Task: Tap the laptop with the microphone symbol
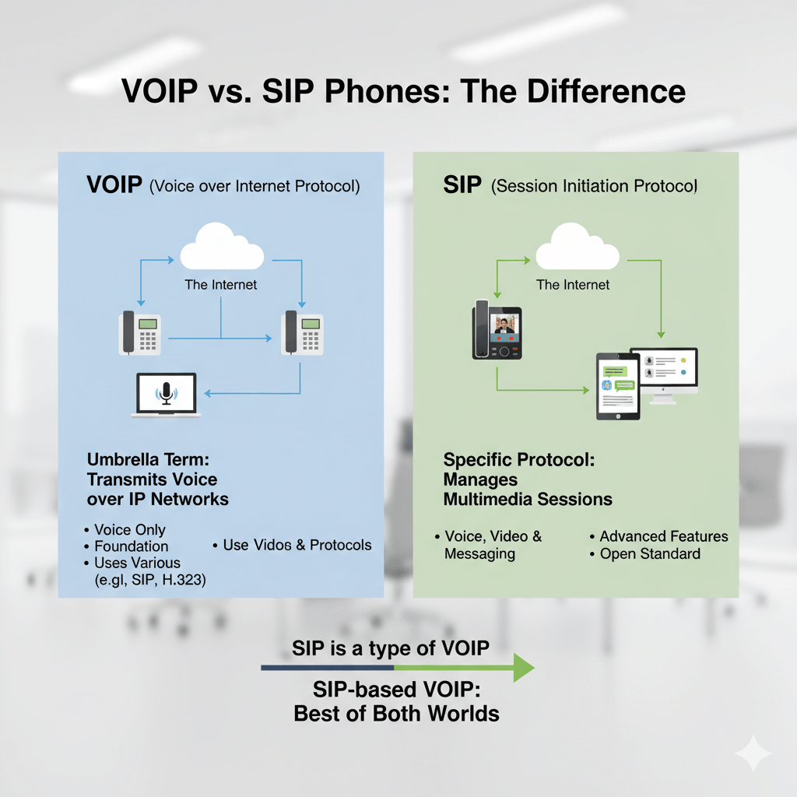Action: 165,395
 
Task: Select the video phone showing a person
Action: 497,331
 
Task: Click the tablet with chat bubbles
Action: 618,386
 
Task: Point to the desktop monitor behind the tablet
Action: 666,369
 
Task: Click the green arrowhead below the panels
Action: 523,668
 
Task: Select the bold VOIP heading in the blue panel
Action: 114,186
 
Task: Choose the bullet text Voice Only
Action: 129,530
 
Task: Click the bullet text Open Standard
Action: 650,554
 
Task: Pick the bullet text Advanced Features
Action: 664,536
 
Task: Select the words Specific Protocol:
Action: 519,459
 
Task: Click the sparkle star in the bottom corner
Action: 753,753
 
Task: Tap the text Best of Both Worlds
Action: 396,713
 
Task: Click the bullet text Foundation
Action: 131,546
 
